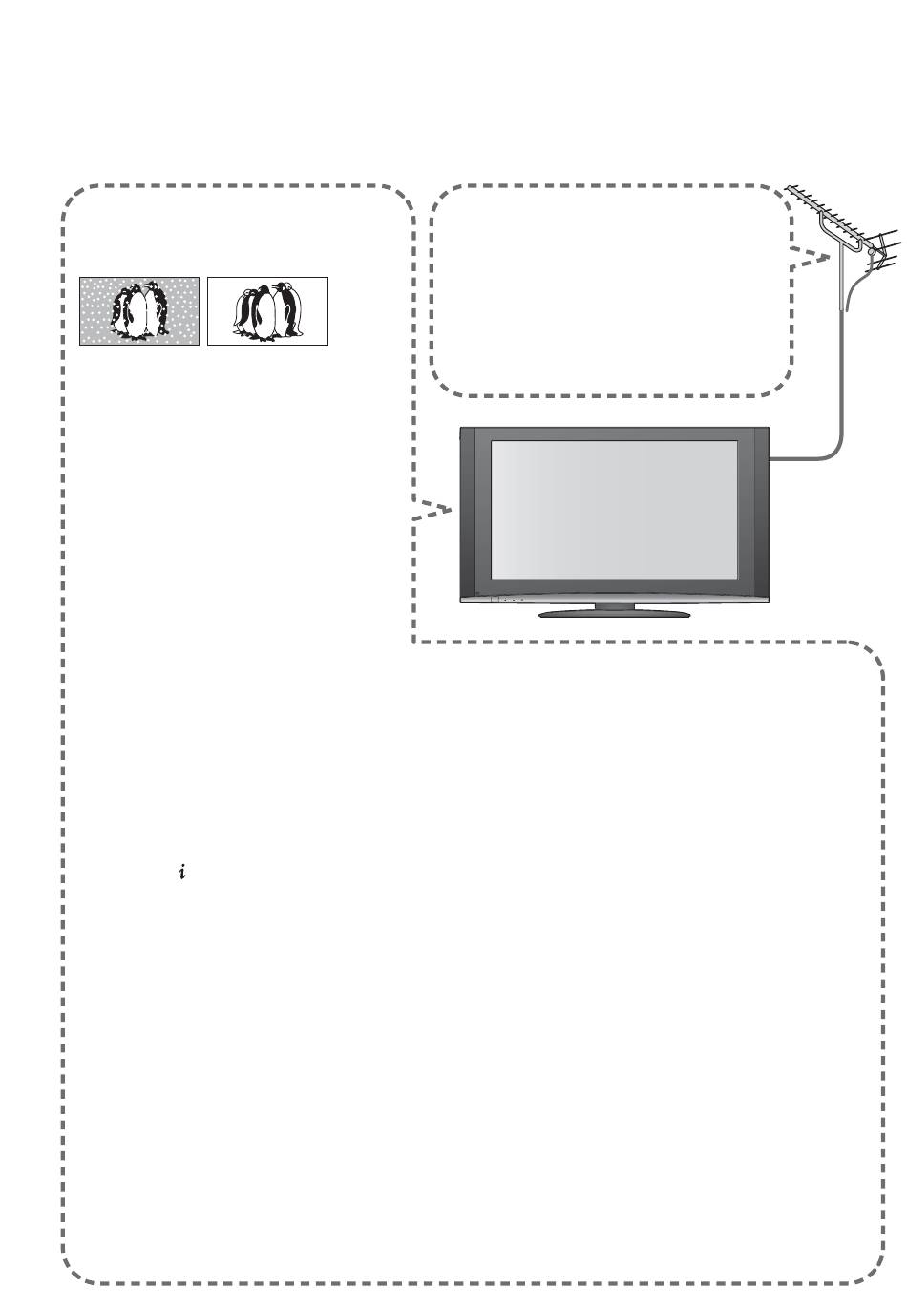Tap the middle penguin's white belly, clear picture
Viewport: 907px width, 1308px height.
point(264,314)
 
